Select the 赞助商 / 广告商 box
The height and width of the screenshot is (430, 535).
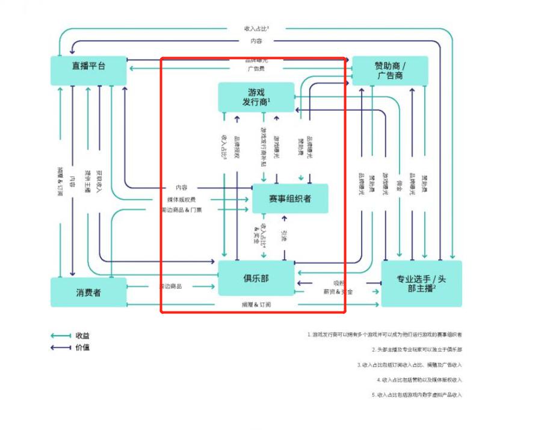point(390,70)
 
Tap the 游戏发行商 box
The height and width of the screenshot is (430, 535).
point(256,97)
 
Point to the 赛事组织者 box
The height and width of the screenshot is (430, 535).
point(290,198)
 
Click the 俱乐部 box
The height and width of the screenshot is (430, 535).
point(256,278)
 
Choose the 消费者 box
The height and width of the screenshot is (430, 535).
point(88,292)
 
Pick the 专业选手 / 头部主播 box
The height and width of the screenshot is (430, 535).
point(421,283)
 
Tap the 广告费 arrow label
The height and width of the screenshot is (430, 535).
point(256,69)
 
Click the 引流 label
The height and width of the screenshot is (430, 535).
point(284,236)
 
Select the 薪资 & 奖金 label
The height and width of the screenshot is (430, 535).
point(338,292)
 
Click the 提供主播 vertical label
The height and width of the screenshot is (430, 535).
point(86,180)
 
